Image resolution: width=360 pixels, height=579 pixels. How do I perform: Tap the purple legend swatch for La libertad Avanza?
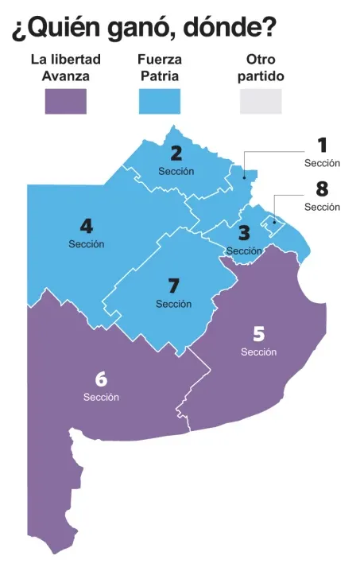tap(65, 102)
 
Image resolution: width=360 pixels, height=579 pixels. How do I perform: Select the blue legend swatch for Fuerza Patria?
tap(159, 102)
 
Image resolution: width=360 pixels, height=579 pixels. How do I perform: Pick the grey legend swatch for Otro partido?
tap(261, 102)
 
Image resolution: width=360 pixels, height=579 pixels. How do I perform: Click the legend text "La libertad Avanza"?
tap(65, 68)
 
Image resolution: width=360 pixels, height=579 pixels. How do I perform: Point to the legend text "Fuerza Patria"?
tap(159, 68)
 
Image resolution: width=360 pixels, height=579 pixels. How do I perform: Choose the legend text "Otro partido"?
tap(261, 68)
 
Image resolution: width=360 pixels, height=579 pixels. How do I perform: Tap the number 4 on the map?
tap(86, 226)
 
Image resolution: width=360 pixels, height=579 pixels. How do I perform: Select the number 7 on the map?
tap(174, 286)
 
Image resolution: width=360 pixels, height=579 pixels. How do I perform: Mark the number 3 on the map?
tap(244, 234)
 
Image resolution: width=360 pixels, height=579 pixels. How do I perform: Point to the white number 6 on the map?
tap(101, 379)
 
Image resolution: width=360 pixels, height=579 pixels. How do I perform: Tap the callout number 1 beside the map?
tap(322, 146)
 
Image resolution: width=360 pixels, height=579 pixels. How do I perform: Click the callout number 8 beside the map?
tap(322, 190)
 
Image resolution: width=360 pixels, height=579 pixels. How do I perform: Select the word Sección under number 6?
tap(101, 398)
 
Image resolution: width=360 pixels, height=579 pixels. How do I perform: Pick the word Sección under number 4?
tap(86, 244)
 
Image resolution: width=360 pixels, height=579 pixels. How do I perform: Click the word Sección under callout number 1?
tap(322, 163)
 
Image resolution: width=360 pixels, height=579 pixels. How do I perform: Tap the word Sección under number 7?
tap(174, 304)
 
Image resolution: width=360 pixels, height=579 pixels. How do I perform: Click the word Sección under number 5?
tap(258, 352)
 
